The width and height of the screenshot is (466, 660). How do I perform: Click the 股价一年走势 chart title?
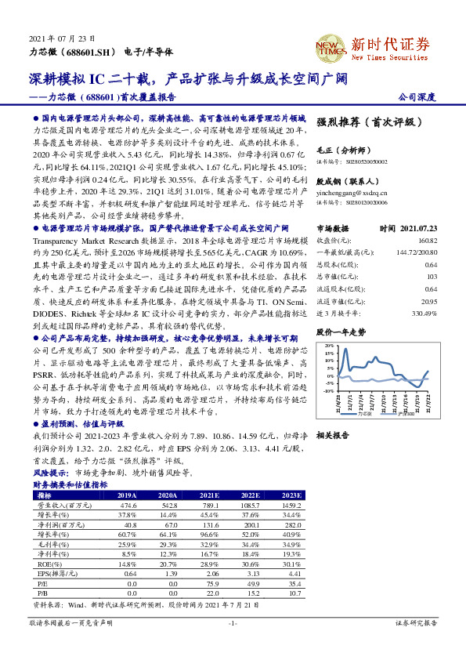click(341, 310)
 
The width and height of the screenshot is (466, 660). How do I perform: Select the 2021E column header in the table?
click(209, 495)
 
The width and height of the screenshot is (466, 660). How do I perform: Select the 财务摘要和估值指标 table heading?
click(70, 484)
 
